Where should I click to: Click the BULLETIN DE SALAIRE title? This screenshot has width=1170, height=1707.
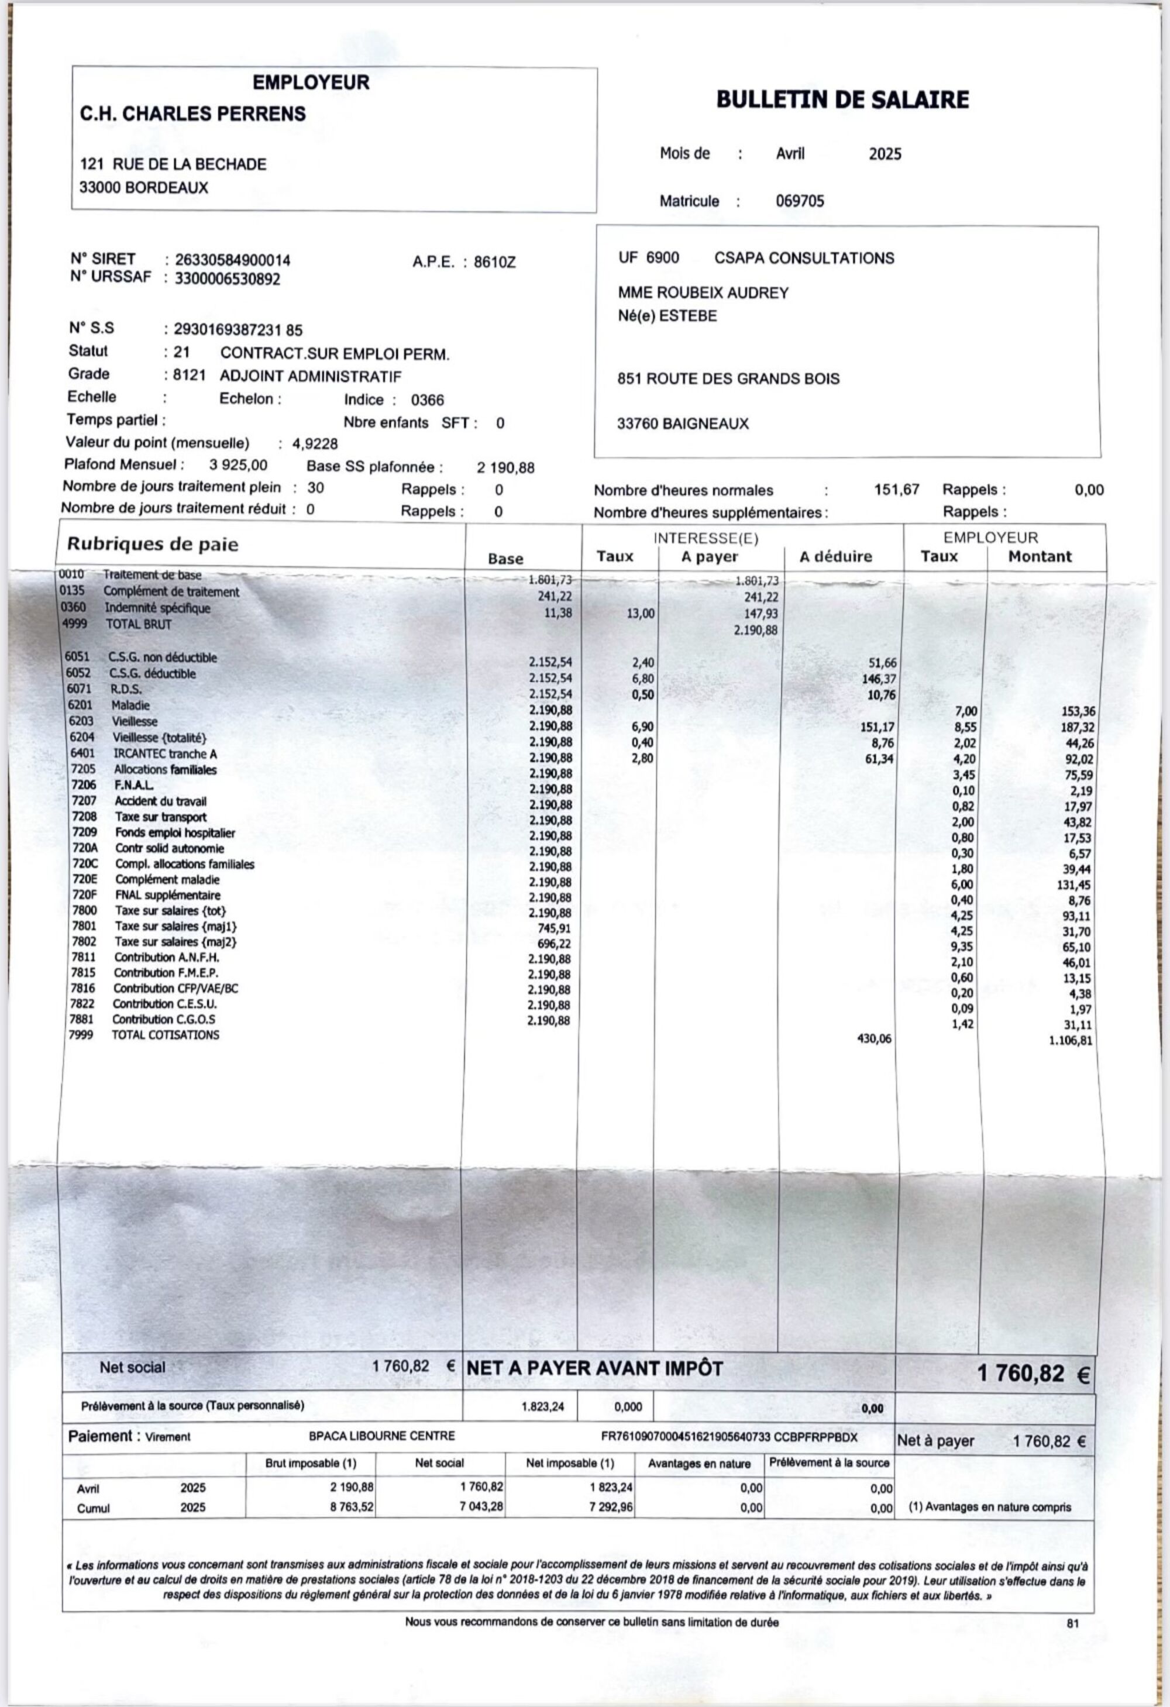[842, 99]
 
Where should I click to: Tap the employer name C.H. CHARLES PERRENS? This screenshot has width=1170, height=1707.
[192, 114]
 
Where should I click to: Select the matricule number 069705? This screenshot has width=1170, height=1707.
[800, 201]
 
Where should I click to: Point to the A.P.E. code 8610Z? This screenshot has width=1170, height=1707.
[494, 261]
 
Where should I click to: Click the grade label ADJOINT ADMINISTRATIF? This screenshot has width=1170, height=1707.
[311, 377]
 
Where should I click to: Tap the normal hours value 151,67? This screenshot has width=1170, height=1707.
[896, 489]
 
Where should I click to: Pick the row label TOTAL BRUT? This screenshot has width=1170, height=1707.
[138, 625]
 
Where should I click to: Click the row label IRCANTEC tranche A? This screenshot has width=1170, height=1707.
[164, 753]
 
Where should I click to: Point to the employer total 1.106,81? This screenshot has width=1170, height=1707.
[1070, 1040]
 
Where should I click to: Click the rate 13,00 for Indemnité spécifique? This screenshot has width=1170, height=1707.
[640, 613]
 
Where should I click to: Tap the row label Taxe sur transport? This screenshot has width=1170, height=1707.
[160, 817]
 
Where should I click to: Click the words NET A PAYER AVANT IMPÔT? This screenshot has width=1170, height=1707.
[594, 1368]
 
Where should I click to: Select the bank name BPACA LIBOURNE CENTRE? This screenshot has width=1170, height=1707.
[381, 1436]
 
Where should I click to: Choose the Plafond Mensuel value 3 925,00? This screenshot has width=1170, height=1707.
[238, 465]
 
